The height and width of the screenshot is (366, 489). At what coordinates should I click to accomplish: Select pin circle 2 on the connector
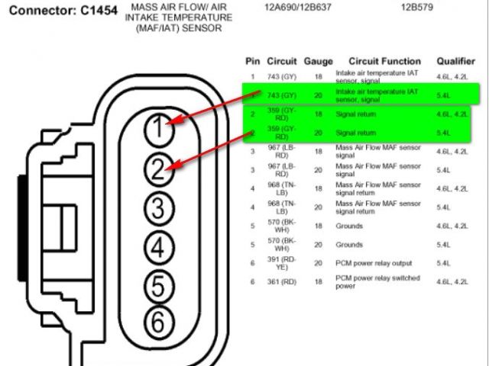click(x=157, y=169)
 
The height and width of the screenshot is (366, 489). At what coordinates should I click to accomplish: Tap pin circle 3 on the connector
click(x=157, y=207)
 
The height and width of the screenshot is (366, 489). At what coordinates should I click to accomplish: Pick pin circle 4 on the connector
click(x=157, y=246)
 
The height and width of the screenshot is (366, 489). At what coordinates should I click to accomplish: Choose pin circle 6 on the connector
click(x=157, y=323)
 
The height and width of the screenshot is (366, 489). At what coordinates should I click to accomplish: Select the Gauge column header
click(x=318, y=61)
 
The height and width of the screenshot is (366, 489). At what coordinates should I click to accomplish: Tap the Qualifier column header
click(x=456, y=61)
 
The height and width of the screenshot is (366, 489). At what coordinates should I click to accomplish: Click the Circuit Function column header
click(x=384, y=61)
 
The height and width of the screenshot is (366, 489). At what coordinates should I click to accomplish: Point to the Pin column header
click(x=253, y=61)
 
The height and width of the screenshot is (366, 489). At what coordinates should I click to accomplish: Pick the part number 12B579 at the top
click(x=418, y=8)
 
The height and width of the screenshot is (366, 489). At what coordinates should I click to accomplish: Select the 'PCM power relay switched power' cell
click(x=377, y=282)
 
